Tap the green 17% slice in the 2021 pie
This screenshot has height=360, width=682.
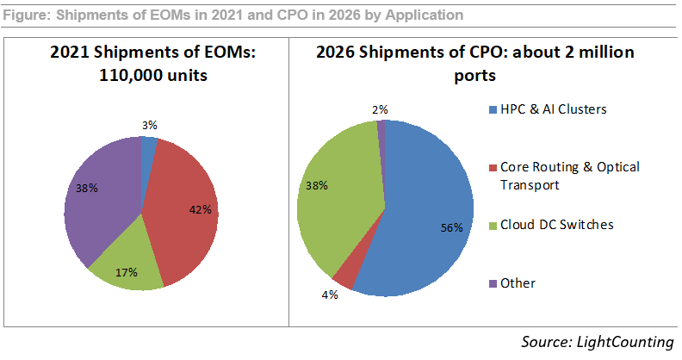tap(129, 267)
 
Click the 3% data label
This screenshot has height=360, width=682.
tap(149, 125)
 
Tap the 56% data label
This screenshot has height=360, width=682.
tap(452, 228)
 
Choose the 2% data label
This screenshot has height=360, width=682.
tap(380, 109)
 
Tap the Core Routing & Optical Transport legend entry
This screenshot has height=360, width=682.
tap(568, 175)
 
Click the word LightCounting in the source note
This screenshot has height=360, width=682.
tap(625, 342)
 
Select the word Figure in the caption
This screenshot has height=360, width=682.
tap(27, 15)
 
